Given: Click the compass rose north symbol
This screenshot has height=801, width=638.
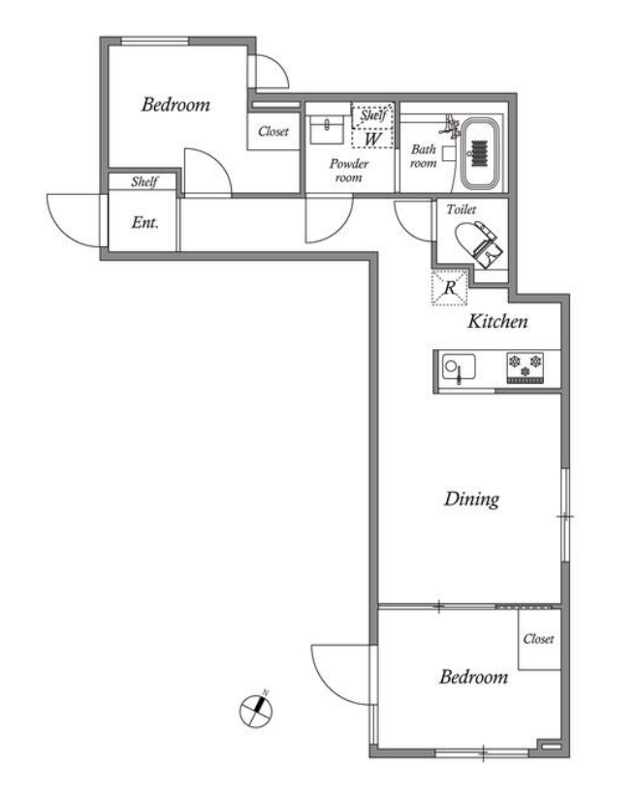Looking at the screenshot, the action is tap(256, 710).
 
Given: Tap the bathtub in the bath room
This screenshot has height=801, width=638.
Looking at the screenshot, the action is tap(480, 154).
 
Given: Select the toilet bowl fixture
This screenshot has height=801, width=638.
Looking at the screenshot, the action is tap(478, 243).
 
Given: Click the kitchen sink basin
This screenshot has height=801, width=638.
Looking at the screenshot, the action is tap(459, 368).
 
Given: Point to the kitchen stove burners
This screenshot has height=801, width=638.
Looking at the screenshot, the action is tap(525, 368).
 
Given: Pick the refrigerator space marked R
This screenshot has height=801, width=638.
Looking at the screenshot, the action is tap(450, 288).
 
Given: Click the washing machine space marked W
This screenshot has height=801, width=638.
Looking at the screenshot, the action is tap(373, 139).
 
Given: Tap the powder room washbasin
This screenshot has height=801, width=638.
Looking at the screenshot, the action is tap(327, 129).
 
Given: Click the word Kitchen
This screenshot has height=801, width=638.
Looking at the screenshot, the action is tap(497, 321).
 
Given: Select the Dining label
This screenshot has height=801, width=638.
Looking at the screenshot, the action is tap(471, 499).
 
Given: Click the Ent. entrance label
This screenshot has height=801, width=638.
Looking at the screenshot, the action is tap(145, 222).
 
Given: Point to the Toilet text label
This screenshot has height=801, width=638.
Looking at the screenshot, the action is tap(462, 208).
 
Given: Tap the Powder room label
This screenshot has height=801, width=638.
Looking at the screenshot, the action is tap(349, 171).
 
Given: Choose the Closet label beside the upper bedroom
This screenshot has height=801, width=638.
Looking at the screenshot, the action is tap(273, 131).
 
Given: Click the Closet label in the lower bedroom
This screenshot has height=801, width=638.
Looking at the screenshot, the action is tap(538, 638).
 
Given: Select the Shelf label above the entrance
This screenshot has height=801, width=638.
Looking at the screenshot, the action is tap(144, 181).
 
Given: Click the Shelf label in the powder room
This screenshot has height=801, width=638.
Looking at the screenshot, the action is tap(373, 115).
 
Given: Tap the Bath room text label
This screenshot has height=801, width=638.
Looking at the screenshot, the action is tap(424, 156).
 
